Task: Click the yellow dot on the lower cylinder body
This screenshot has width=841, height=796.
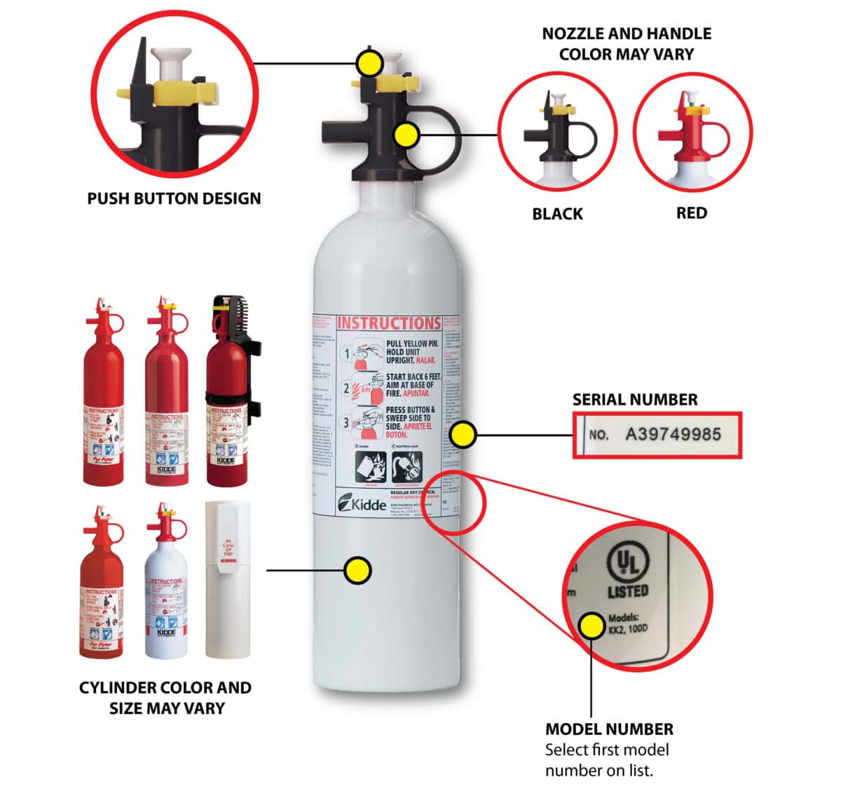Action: pos(358,570)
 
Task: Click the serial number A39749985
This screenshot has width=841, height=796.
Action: pos(673,434)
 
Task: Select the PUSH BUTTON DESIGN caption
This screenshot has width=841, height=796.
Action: pos(174,198)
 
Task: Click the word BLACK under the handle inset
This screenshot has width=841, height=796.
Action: pos(557,214)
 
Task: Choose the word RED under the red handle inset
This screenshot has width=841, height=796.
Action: pos(691,213)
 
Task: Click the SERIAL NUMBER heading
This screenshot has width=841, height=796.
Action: pos(635,400)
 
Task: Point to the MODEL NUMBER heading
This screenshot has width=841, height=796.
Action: pos(609,729)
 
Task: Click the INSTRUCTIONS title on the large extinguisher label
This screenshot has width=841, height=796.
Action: pos(388,323)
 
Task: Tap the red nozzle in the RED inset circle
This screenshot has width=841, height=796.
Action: pos(683,133)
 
